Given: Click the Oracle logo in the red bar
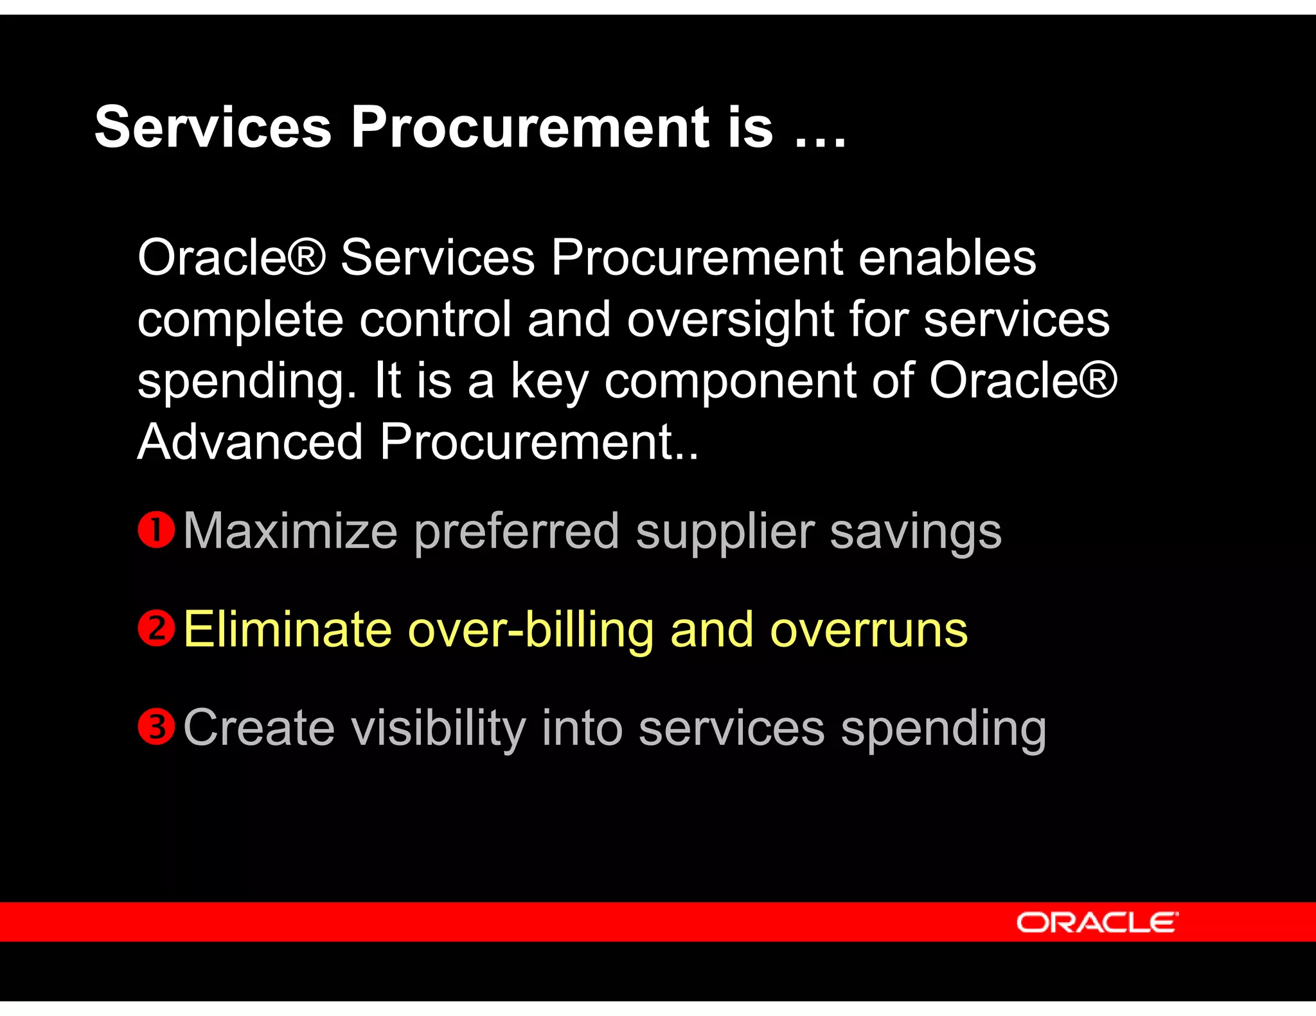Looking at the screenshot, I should (1097, 922).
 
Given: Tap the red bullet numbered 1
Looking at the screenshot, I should (156, 530).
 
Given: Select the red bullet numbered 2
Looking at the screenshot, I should (156, 628).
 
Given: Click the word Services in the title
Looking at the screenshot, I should (213, 127).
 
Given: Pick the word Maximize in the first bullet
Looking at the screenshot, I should (290, 531).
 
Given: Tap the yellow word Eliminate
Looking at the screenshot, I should (287, 629).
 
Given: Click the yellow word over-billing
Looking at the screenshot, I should (531, 629).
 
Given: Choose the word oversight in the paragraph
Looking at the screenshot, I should (729, 319).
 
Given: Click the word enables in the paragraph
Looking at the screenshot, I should (947, 258).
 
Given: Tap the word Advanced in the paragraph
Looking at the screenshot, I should (251, 442).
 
